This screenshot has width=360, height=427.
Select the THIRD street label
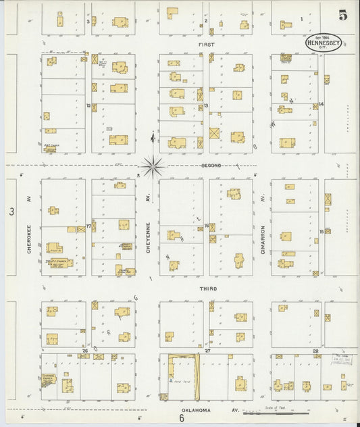click(x=206, y=288)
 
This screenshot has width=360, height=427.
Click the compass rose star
click(x=153, y=164)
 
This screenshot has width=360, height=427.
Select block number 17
click(x=88, y=227)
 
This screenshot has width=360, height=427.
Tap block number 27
click(x=208, y=351)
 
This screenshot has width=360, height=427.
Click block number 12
click(x=88, y=105)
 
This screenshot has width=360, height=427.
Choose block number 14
click(x=322, y=104)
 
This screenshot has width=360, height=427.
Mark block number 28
click(x=315, y=351)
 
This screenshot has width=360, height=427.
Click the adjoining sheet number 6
click(x=182, y=418)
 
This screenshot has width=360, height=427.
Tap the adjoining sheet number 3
click(x=11, y=212)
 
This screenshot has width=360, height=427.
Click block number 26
click(x=86, y=351)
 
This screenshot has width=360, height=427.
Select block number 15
click(x=322, y=230)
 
